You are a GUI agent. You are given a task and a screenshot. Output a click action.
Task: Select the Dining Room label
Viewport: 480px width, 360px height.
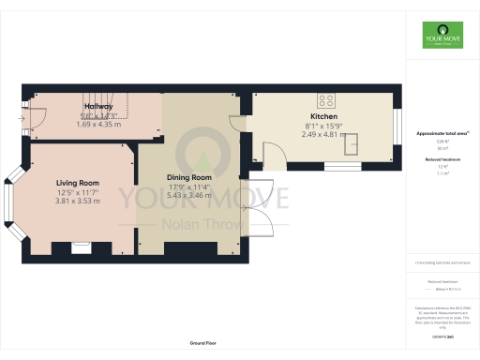(x=189, y=177)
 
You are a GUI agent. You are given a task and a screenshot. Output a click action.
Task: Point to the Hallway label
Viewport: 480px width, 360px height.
(x=98, y=107)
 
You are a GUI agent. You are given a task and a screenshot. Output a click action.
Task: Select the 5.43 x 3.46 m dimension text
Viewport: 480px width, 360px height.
(x=189, y=195)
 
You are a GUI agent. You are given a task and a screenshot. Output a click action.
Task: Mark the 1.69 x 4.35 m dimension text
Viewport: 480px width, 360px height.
(x=98, y=124)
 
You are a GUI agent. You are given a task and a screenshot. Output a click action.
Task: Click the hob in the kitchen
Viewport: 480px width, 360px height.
(x=327, y=100)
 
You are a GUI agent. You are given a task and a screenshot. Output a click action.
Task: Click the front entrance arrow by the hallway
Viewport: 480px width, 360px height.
(x=22, y=119)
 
